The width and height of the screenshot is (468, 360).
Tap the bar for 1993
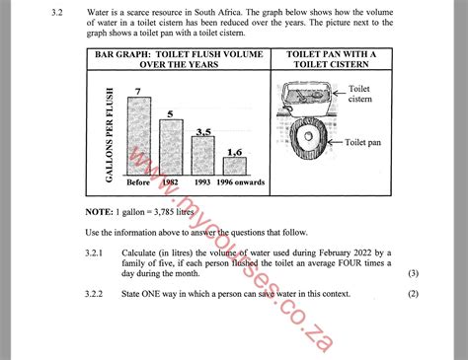click(x=203, y=158)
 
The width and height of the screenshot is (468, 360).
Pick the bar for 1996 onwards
click(x=234, y=167)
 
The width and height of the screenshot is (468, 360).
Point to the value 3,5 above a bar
click(x=203, y=131)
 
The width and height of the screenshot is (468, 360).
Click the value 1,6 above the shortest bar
click(x=235, y=151)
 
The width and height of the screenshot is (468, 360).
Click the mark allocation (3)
click(x=414, y=273)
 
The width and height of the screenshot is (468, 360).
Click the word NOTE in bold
click(x=99, y=213)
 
